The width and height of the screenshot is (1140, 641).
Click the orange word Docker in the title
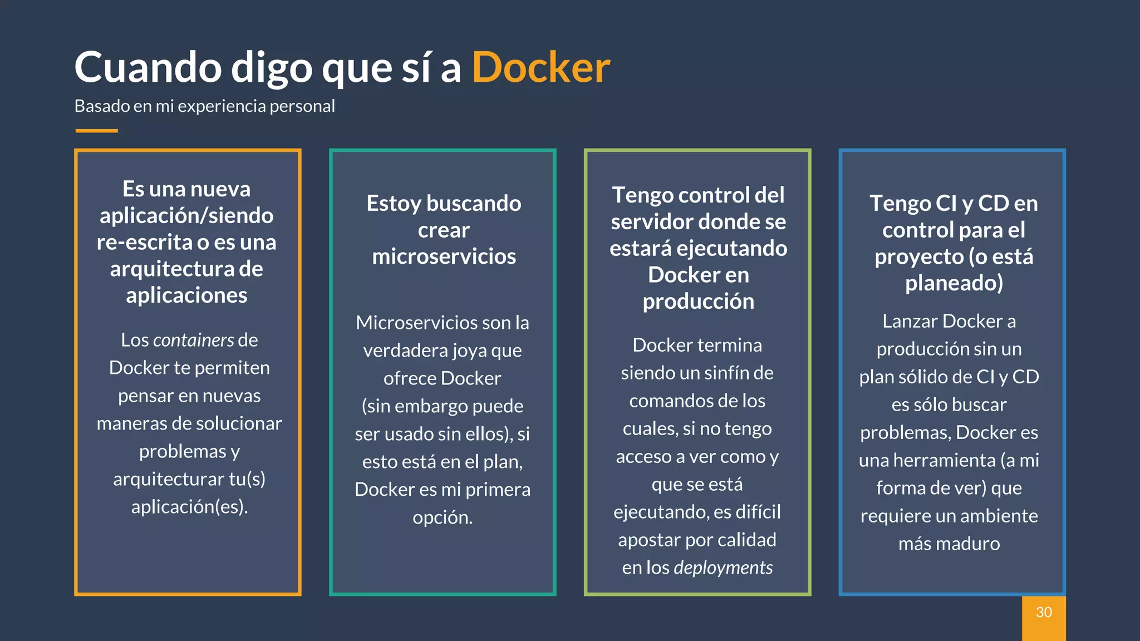[540, 67]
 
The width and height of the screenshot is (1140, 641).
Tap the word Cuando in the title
[148, 67]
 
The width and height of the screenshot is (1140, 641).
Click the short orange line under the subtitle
[96, 131]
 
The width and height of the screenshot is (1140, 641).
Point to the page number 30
[1044, 612]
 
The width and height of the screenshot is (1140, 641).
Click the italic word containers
[193, 340]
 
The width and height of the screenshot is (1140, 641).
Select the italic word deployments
[723, 568]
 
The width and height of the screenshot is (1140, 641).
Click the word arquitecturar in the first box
[169, 479]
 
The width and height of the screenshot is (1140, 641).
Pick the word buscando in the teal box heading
[474, 203]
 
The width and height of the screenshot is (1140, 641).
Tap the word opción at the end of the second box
[442, 517]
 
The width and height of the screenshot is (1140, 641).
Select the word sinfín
[714, 373]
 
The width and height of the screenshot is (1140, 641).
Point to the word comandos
[661, 401]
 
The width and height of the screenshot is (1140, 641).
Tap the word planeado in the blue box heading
[954, 283]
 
